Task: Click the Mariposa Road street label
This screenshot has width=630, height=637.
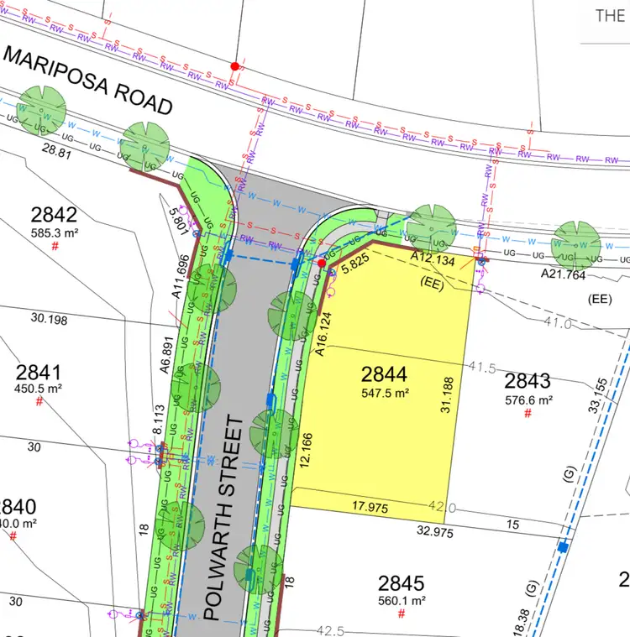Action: [88, 81]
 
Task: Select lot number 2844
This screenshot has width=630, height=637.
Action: [384, 374]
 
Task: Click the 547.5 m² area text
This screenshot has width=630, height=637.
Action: [385, 392]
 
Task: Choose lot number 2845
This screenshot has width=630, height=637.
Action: [401, 583]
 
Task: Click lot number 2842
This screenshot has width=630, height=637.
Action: [54, 213]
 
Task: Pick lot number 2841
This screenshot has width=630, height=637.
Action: [39, 372]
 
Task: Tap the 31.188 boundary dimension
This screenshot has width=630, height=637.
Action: [448, 394]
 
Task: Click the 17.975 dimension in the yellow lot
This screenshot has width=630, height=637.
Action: [370, 506]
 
